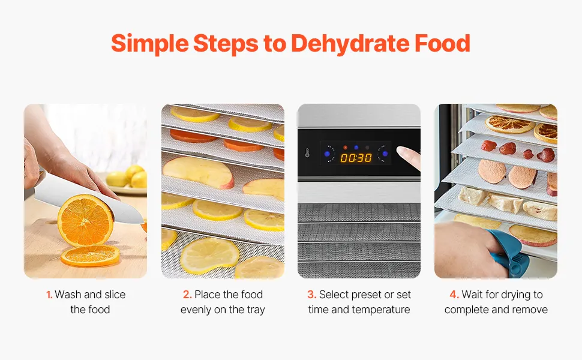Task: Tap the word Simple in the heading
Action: point(150,44)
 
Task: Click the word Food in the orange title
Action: point(442,43)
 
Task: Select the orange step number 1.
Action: point(49,295)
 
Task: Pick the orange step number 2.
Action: point(187,295)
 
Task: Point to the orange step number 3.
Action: point(312,295)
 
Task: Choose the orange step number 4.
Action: point(454,295)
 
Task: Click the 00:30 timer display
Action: point(356,158)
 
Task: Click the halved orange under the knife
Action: point(85,220)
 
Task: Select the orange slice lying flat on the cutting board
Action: point(90,256)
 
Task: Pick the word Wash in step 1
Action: point(68,295)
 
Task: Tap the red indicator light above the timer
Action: point(345,148)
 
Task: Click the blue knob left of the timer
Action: point(327,154)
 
